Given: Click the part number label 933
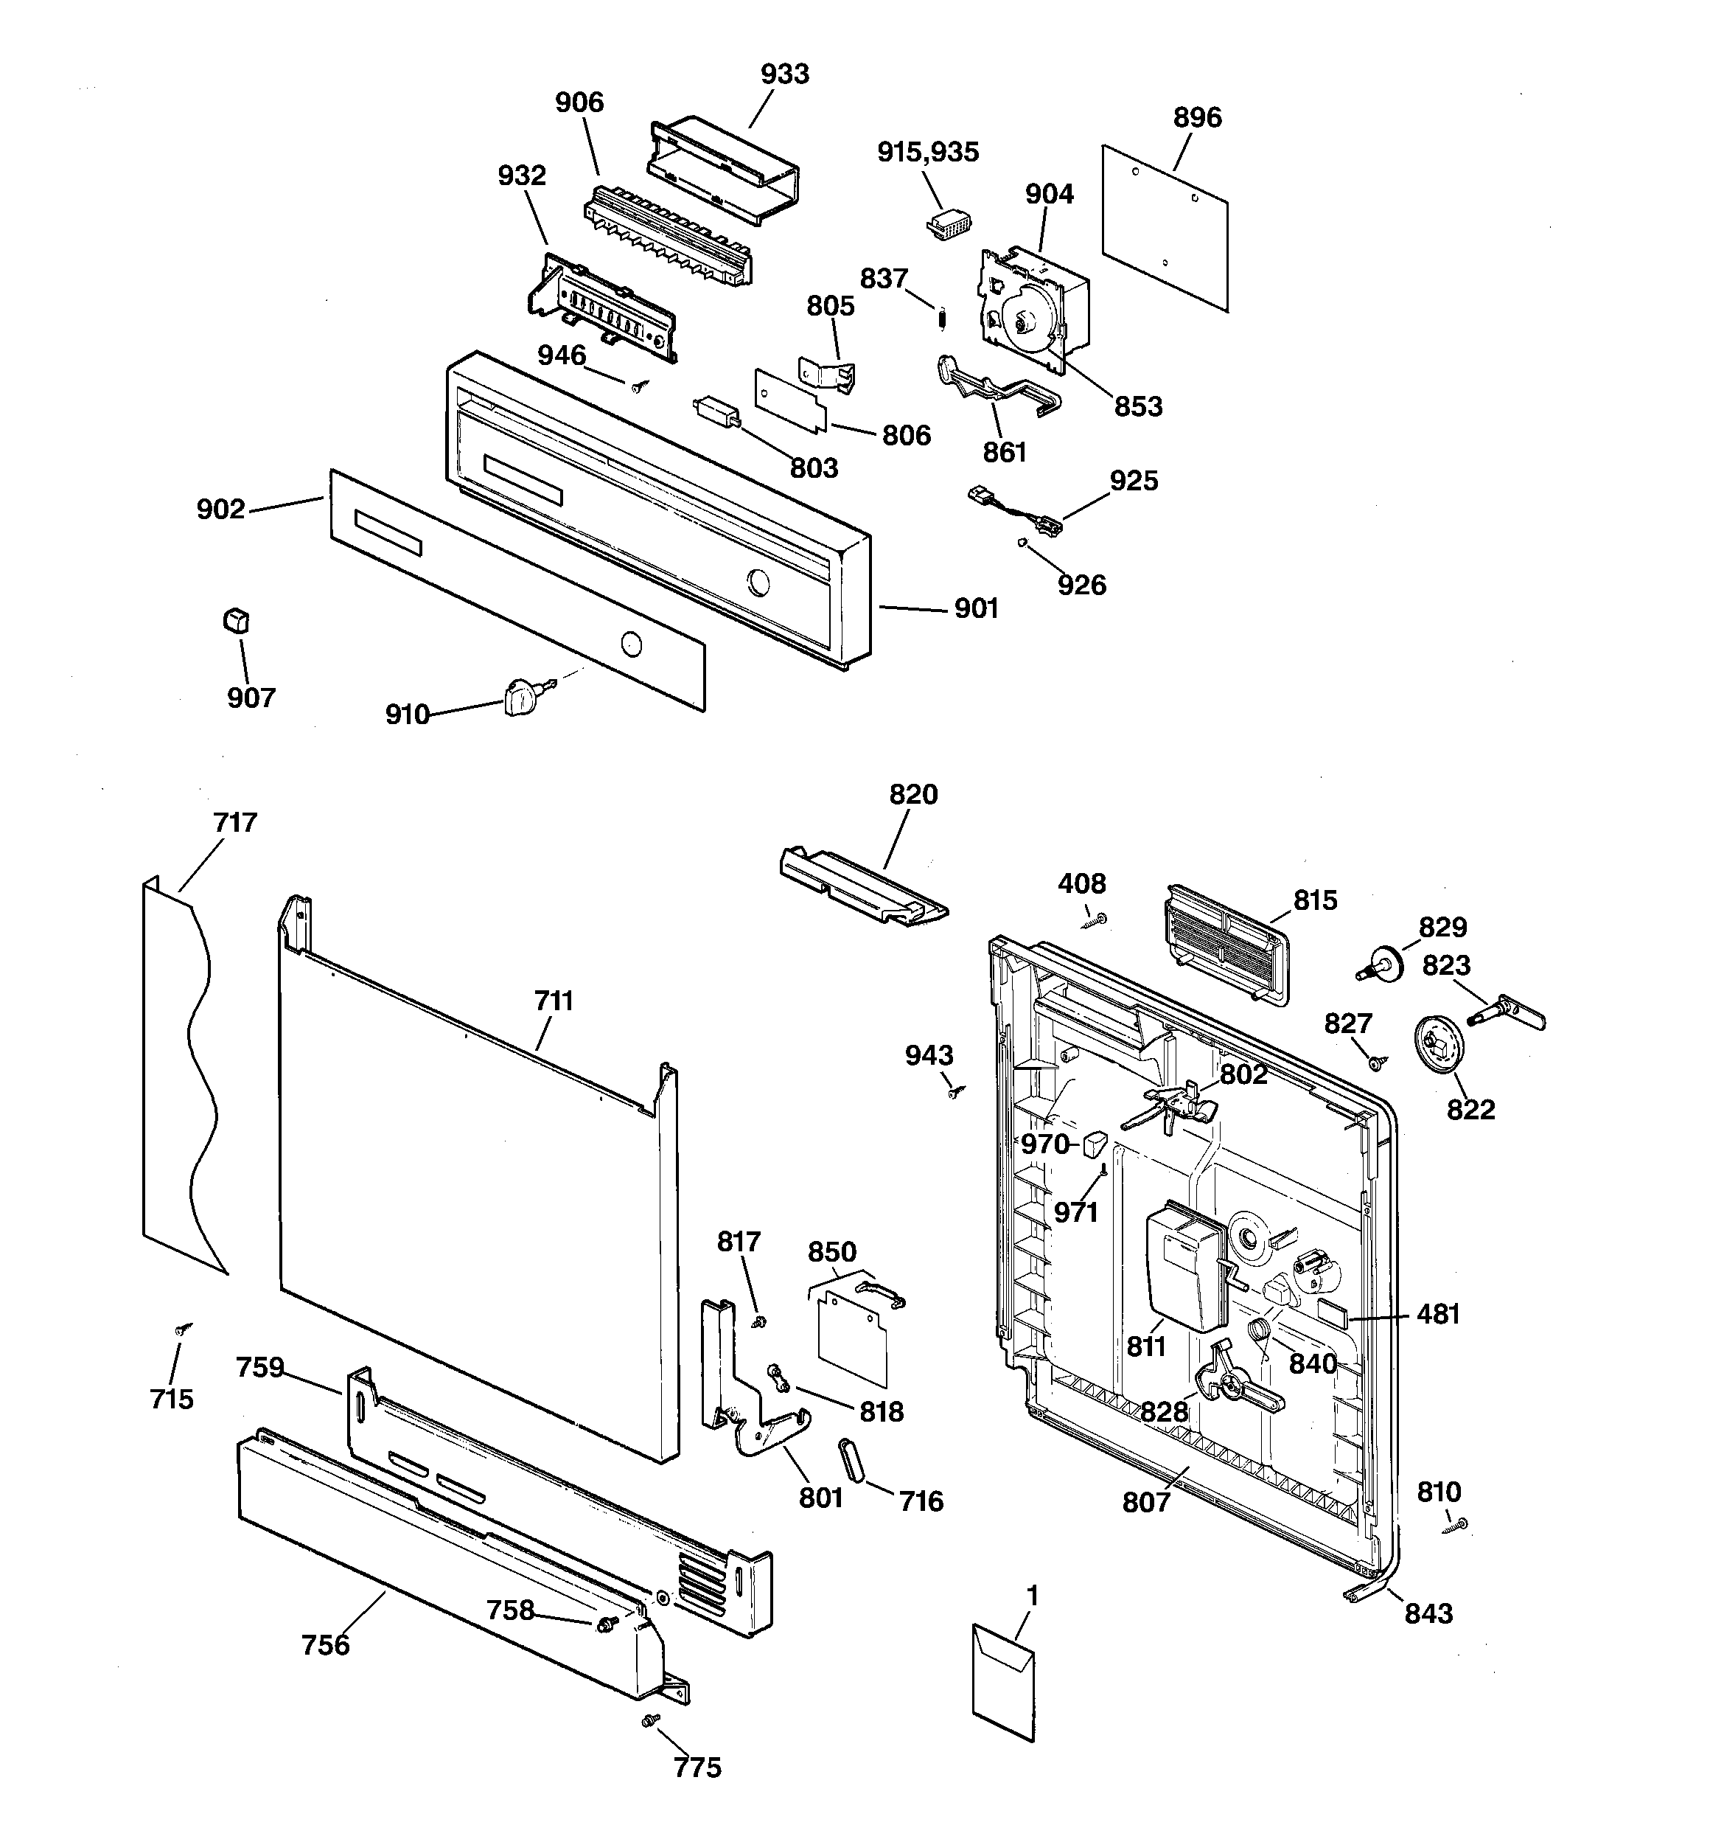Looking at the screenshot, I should coord(785,74).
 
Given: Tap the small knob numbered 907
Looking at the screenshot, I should coord(236,622).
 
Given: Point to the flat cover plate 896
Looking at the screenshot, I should coord(1164,227).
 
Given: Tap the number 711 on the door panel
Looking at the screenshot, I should coord(554,1001).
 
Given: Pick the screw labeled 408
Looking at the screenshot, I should coord(1097,919).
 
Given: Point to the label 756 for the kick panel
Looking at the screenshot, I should coord(326,1645).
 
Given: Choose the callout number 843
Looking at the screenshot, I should coord(1428,1613).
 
